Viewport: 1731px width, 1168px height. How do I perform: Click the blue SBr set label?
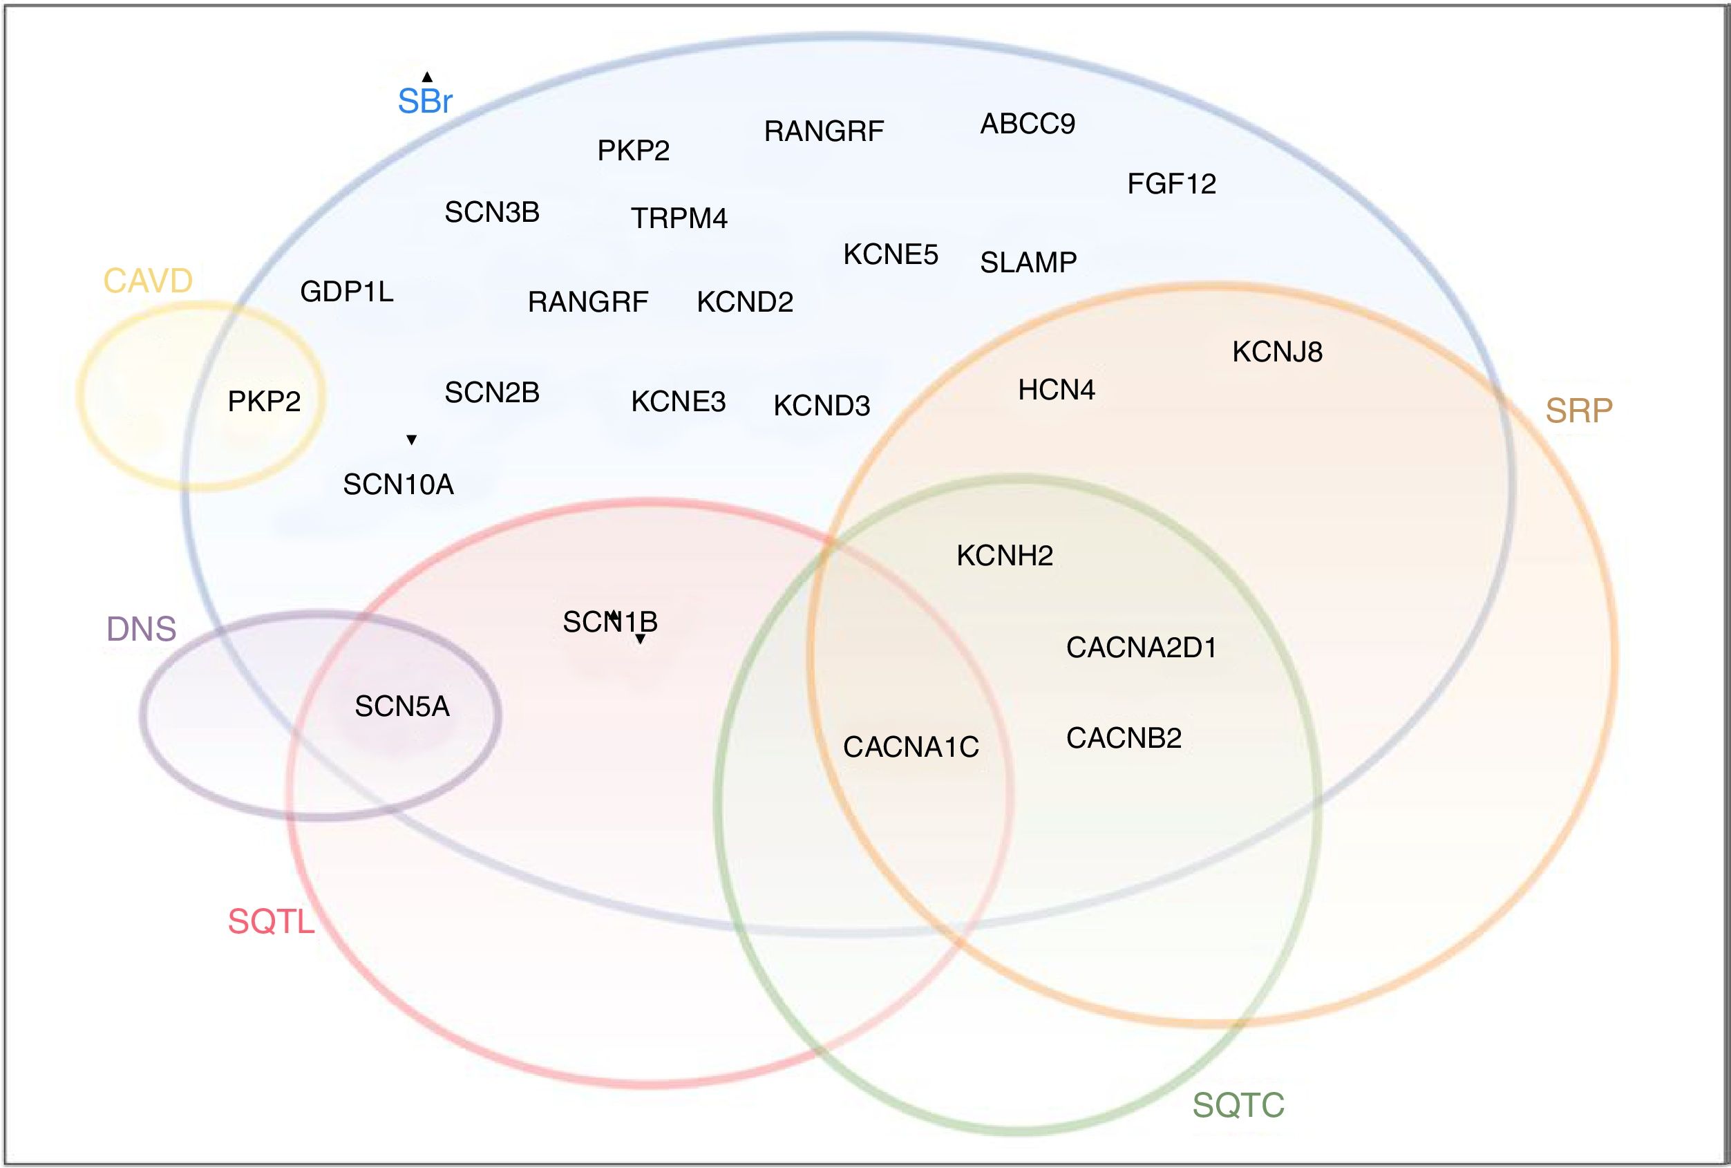tap(424, 102)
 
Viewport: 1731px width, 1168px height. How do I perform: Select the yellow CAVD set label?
tap(147, 281)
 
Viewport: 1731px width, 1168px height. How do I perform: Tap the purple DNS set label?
tap(142, 630)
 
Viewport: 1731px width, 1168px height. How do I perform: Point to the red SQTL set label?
tap(271, 922)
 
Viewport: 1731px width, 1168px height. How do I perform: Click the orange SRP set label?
tap(1578, 411)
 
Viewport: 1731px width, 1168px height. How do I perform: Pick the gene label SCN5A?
tap(402, 706)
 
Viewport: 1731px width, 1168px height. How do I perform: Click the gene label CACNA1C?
tap(910, 747)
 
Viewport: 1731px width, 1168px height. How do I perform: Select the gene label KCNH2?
tap(1004, 556)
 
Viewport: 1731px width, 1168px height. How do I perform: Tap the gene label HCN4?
tap(1056, 390)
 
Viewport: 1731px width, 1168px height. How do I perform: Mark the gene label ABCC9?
tap(1027, 124)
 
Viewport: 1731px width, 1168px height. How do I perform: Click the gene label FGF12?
tap(1171, 184)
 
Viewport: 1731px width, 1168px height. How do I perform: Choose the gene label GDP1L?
tap(346, 292)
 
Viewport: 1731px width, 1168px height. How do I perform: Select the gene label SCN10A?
tap(398, 485)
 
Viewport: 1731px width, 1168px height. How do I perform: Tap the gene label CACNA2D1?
tap(1141, 648)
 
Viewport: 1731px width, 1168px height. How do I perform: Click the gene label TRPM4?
tap(679, 218)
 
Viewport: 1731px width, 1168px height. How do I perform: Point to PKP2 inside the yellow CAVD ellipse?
tap(264, 402)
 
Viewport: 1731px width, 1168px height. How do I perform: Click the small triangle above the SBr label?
tap(427, 77)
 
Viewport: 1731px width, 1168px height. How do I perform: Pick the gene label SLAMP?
tap(1028, 262)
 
